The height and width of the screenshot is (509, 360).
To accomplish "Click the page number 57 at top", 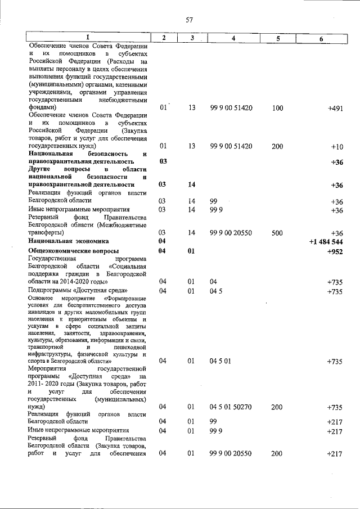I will point(190,20).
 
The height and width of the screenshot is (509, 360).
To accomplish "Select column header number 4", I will point(233,38).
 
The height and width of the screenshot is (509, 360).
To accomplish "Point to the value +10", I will point(336,146).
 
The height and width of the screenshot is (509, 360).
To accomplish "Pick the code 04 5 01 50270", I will point(231,406).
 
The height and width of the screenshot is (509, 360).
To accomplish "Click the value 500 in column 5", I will point(277,232).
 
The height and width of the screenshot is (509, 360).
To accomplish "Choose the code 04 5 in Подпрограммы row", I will point(215,291).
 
